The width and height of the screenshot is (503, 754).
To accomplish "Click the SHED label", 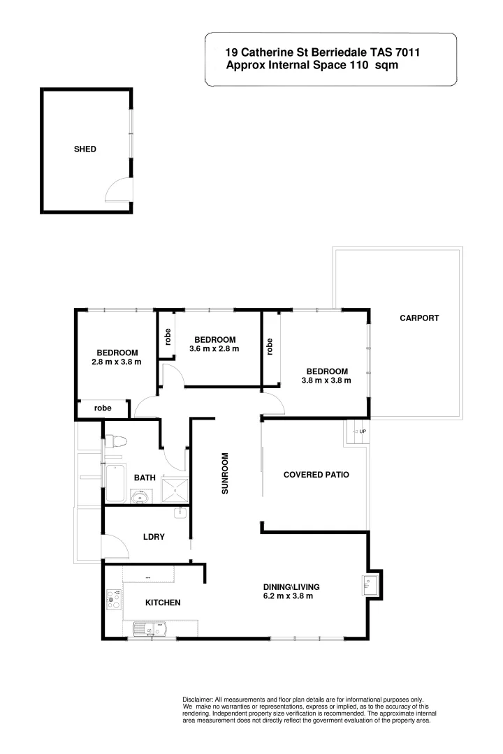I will pos(85,149).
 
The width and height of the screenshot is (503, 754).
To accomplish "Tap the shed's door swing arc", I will pos(119,188).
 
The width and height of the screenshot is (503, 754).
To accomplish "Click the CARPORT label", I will pos(419,318).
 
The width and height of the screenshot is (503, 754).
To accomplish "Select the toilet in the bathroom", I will pos(115,442).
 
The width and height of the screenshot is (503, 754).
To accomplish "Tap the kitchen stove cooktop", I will pos(114,600).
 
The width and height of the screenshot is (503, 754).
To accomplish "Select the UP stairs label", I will pos(362,431).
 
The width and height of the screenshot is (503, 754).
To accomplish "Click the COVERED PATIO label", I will pos(316,475).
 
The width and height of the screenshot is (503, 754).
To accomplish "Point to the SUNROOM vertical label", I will pos(225,475).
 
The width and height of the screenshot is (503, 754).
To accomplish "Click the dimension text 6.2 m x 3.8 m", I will pos(287,596).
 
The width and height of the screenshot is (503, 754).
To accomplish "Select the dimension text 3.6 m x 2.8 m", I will pos(214,349).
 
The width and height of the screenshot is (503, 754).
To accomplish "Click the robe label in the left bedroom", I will pos(103,408).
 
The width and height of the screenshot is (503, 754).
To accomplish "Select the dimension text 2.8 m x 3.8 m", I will pos(117,362).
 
